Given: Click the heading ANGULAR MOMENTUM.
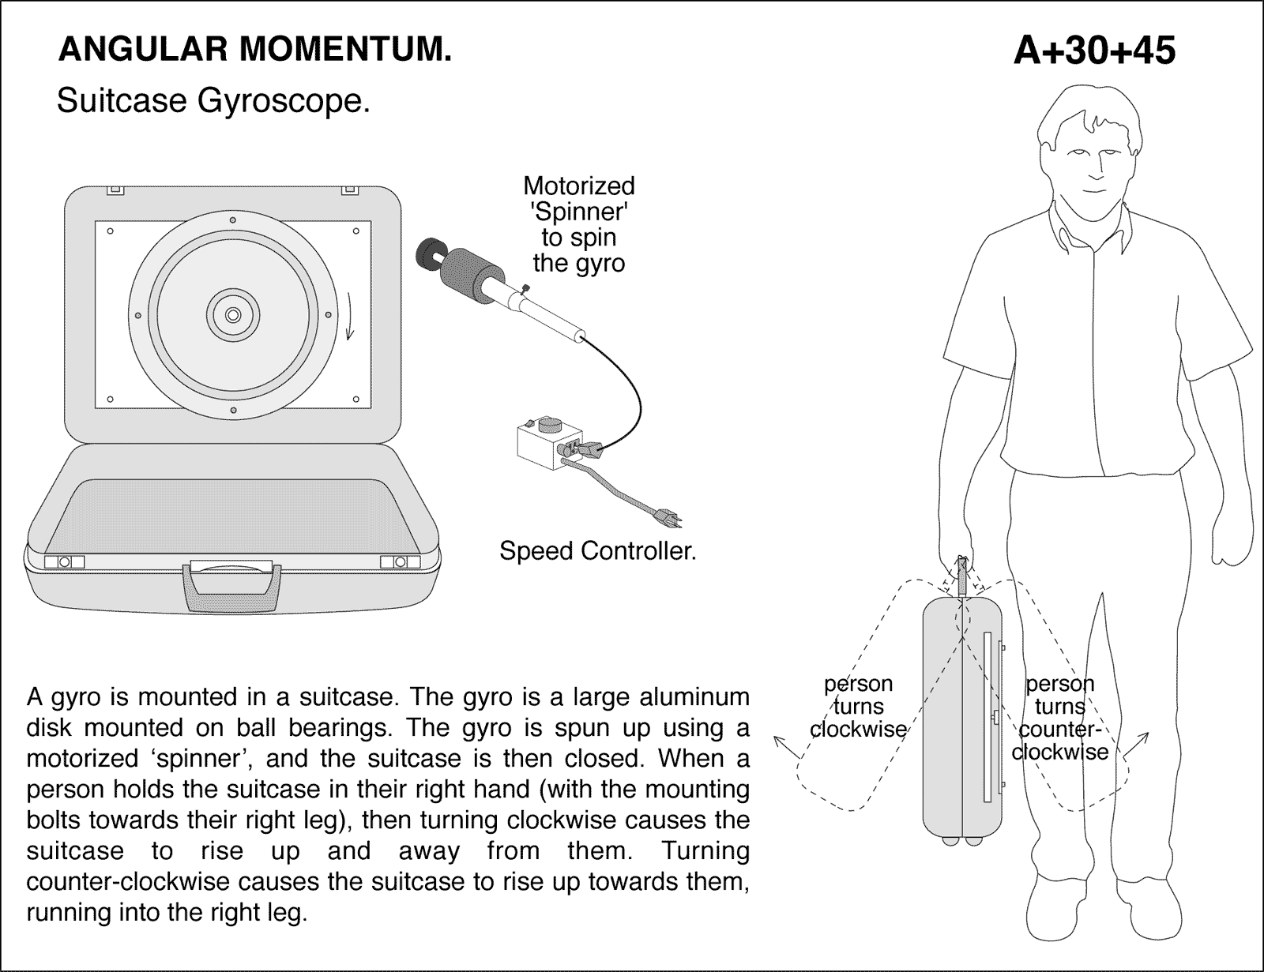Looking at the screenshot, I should click(255, 51).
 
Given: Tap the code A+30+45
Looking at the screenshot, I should click(1094, 51).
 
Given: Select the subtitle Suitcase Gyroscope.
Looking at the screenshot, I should click(213, 101).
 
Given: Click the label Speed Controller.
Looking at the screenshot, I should click(597, 550).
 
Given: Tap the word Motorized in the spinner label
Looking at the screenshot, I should click(578, 186).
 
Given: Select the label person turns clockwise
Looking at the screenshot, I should click(858, 706).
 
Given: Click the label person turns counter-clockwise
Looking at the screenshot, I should click(1060, 717).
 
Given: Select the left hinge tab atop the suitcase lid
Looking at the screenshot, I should click(115, 190).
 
